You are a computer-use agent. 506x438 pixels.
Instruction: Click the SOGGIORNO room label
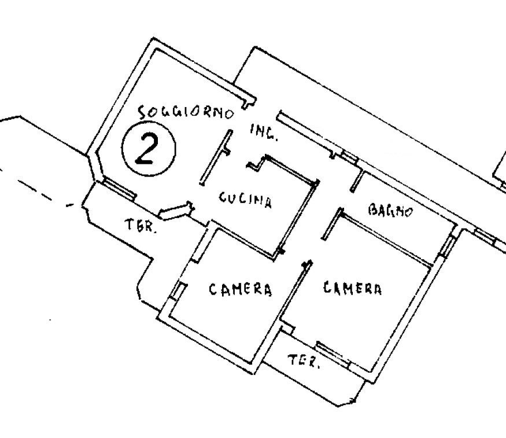pyautogui.click(x=186, y=112)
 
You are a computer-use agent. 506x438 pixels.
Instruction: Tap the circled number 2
pyautogui.click(x=149, y=149)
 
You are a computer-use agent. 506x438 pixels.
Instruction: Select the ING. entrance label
pyautogui.click(x=263, y=133)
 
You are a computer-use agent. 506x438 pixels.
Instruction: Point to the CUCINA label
pyautogui.click(x=245, y=200)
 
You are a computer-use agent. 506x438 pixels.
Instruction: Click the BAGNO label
pyautogui.click(x=390, y=211)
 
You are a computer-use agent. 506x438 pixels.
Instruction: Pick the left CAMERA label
pyautogui.click(x=241, y=289)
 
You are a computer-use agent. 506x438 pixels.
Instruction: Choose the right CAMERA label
pyautogui.click(x=352, y=288)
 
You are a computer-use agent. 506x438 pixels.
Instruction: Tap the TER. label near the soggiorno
pyautogui.click(x=141, y=225)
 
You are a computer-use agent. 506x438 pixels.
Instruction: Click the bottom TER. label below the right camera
pyautogui.click(x=304, y=360)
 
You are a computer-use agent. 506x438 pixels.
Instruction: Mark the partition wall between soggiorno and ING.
pyautogui.click(x=216, y=157)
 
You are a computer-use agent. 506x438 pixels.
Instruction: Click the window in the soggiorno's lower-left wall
pyautogui.click(x=119, y=189)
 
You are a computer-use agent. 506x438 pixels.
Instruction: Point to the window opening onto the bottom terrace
pyautogui.click(x=333, y=354)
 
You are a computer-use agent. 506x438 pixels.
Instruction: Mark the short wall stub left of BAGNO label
pyautogui.click(x=357, y=182)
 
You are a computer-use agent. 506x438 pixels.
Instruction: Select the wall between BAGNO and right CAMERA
pyautogui.click(x=386, y=240)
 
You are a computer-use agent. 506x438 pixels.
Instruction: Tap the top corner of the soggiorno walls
pyautogui.click(x=154, y=39)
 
